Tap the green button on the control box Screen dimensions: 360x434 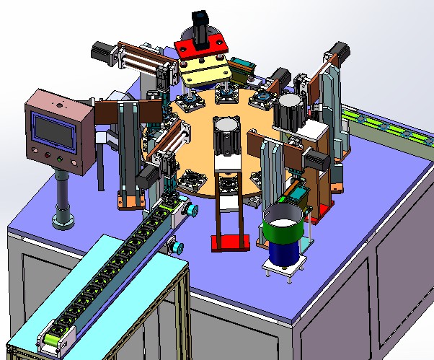point(48,156)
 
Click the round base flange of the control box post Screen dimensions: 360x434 point(63,219)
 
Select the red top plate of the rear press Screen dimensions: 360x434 point(201,50)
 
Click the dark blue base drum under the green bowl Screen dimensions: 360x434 point(284,253)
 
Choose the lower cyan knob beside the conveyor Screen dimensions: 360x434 point(175,247)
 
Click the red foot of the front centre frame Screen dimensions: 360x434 point(231,243)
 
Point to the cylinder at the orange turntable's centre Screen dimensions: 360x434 point(227,133)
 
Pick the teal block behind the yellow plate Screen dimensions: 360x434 point(240,67)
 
